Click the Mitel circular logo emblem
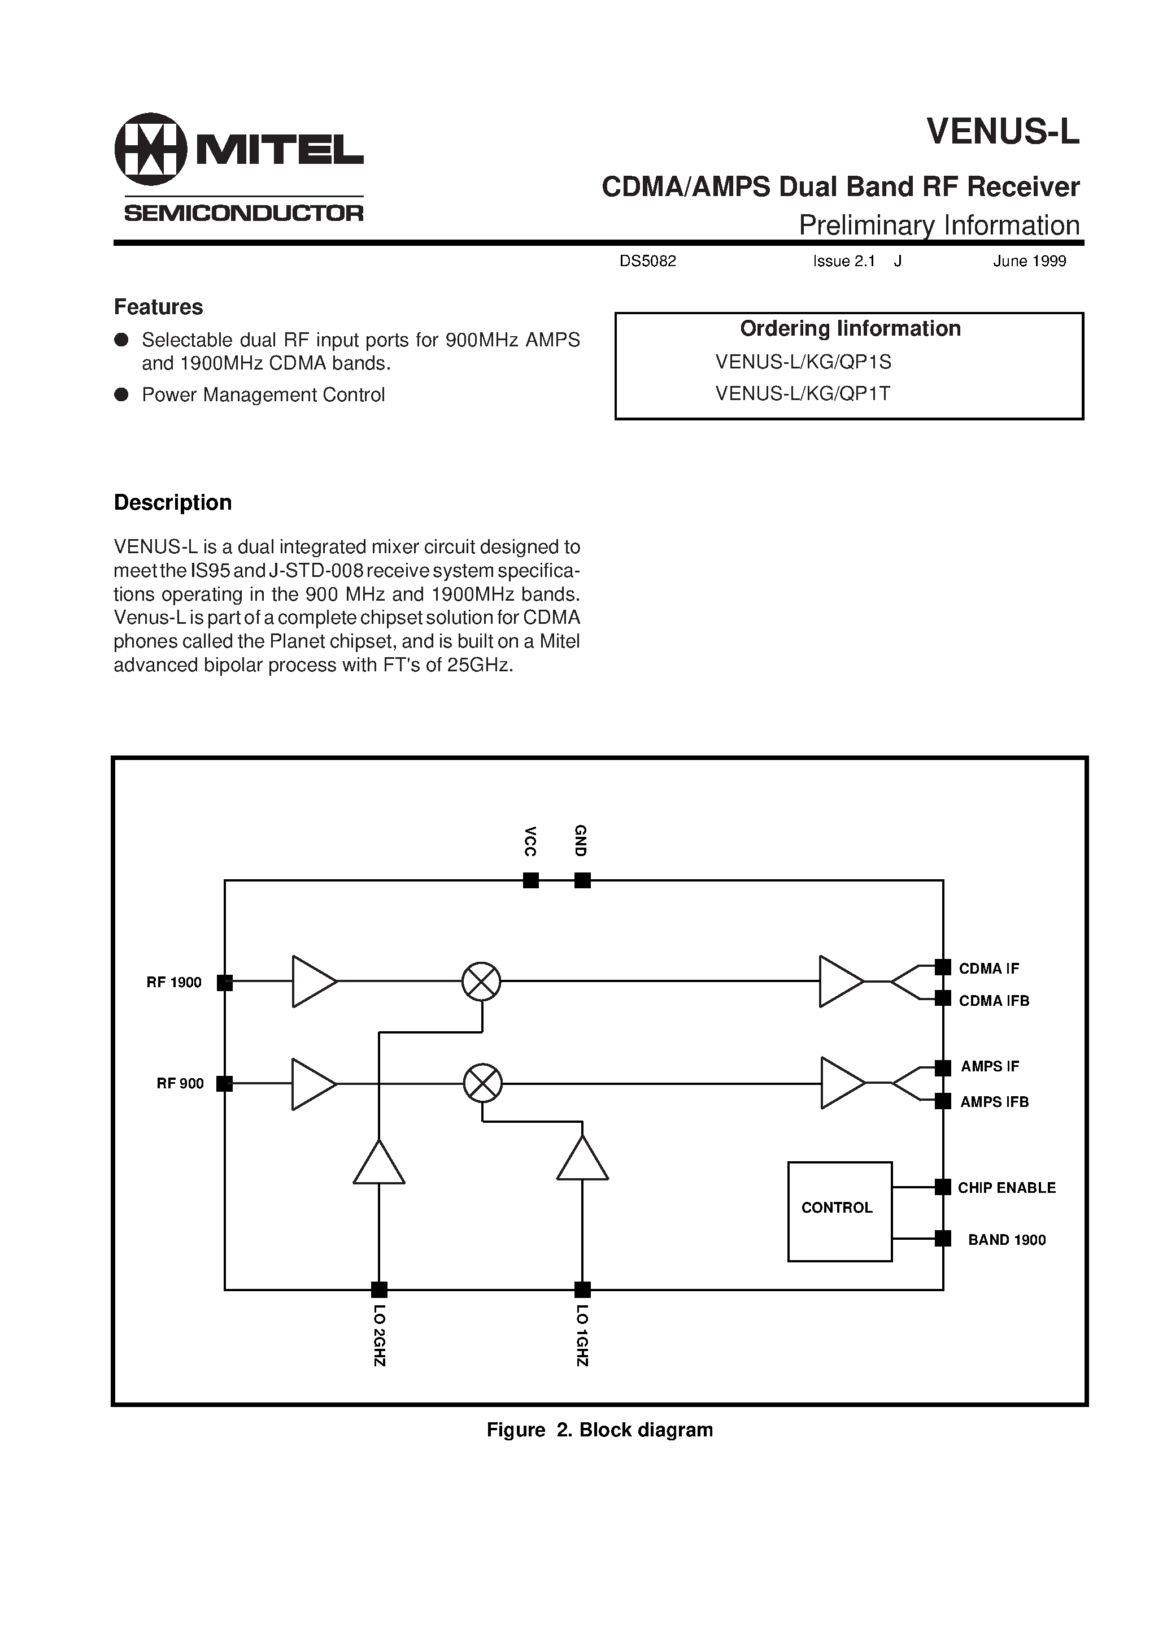point(150,149)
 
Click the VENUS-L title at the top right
point(1003,132)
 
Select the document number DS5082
point(647,262)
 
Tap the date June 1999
point(1029,262)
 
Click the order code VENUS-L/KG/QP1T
point(803,393)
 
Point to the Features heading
point(158,307)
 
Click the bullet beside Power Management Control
point(121,394)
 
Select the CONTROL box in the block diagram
point(839,1211)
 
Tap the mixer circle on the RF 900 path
point(482,1083)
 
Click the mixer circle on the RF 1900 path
point(481,981)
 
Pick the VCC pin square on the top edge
point(531,880)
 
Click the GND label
point(581,840)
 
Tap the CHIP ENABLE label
point(1006,1188)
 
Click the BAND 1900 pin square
point(943,1238)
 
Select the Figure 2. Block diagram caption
point(599,1430)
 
